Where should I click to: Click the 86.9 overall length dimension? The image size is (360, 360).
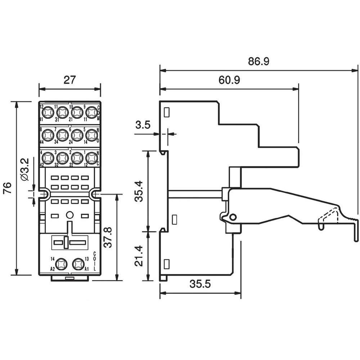258,61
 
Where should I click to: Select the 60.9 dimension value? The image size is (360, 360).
229,80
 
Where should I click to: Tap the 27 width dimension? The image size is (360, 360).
69,80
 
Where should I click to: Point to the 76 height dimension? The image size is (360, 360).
8,188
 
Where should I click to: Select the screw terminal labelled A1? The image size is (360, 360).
78,264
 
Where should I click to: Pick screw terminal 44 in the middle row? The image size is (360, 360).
47,135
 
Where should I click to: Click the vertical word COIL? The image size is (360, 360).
94,261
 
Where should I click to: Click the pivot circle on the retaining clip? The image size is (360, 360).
233,217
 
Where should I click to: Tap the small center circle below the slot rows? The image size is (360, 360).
69,216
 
